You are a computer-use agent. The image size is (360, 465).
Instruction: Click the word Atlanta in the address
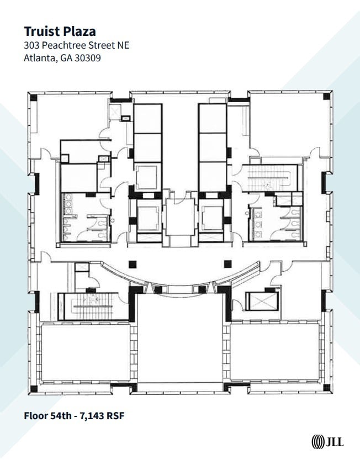[39, 57]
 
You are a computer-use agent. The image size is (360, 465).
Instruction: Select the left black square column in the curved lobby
[132, 263]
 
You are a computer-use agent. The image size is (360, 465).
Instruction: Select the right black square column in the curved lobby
[227, 263]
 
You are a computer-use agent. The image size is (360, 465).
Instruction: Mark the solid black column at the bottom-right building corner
[328, 388]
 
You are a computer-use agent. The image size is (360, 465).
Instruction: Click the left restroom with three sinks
[84, 217]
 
